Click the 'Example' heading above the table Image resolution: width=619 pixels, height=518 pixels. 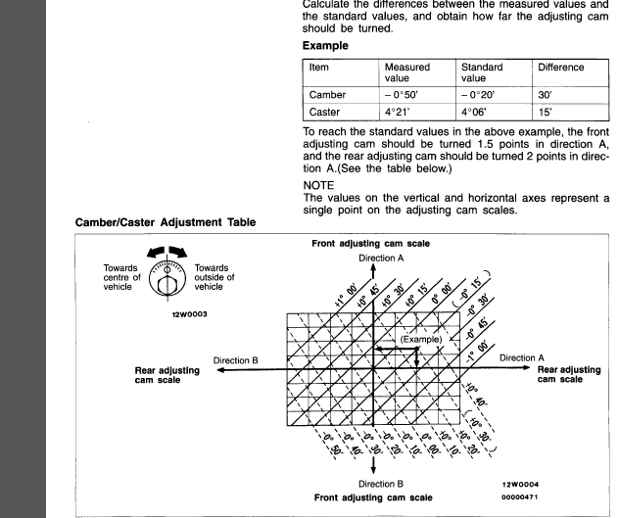(327, 46)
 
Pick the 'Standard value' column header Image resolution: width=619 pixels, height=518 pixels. (481, 73)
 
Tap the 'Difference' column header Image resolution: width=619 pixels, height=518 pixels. (560, 68)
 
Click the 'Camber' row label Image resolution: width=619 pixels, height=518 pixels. (328, 95)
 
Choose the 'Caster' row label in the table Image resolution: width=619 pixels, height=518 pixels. (326, 113)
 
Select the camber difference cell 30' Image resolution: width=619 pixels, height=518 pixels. (544, 95)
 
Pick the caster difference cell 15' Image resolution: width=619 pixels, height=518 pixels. (544, 113)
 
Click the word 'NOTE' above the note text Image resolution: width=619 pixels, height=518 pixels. (319, 182)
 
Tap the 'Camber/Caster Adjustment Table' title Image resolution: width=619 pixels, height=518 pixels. (166, 222)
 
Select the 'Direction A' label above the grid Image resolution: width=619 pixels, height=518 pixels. (381, 257)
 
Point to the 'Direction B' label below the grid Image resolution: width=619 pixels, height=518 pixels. (381, 484)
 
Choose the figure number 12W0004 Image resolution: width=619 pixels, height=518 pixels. (520, 484)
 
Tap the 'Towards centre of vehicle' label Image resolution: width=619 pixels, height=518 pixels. (122, 277)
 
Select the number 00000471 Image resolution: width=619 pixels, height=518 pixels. (520, 497)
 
